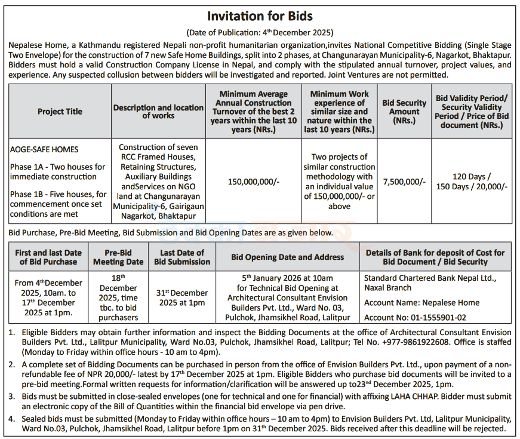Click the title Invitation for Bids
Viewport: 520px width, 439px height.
260,16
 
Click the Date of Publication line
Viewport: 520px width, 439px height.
260,32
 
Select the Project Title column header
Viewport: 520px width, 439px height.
60,112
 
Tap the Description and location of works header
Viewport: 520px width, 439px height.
158,112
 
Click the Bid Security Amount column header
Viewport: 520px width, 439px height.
404,112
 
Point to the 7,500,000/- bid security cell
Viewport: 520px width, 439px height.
404,182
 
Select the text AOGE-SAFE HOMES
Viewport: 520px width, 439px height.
44,149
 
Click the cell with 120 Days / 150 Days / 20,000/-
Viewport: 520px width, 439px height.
472,182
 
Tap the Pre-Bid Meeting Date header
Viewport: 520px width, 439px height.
118,257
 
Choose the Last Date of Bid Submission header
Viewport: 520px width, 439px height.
182,257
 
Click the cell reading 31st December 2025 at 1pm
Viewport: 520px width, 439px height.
182,298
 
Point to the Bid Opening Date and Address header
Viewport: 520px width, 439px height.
287,257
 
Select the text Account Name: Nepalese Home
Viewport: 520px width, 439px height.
421,303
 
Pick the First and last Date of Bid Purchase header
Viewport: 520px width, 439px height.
48,257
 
